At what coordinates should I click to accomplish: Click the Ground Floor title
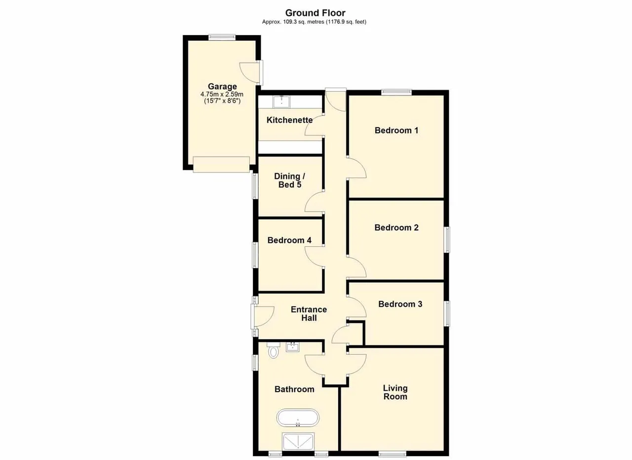(x=315, y=13)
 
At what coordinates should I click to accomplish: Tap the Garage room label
(x=222, y=87)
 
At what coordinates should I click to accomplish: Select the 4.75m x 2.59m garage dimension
(x=222, y=94)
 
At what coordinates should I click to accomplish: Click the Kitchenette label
(x=289, y=120)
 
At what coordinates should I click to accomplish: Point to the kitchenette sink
(x=281, y=101)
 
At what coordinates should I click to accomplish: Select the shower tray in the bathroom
(x=298, y=441)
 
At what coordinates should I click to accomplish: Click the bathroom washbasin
(x=293, y=347)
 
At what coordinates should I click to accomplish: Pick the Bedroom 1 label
(x=396, y=131)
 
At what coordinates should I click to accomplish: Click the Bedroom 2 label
(x=396, y=228)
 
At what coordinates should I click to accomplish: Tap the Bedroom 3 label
(x=400, y=304)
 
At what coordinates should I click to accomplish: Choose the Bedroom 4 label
(x=289, y=240)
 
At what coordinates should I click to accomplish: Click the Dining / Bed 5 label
(x=289, y=181)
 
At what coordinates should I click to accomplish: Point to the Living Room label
(x=395, y=392)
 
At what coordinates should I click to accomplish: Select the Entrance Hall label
(x=309, y=314)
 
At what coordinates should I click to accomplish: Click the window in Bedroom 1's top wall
(x=396, y=92)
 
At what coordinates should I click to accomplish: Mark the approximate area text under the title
(x=314, y=22)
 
